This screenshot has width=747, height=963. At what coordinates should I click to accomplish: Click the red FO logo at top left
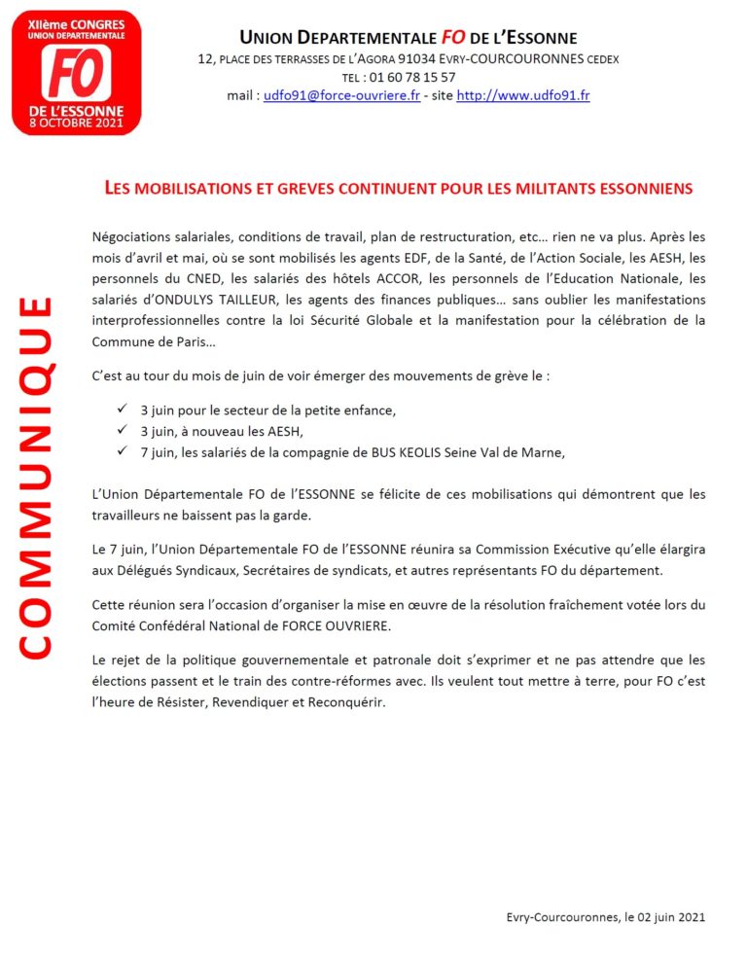pyautogui.click(x=76, y=72)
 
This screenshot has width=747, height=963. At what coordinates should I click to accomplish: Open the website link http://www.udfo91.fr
pyautogui.click(x=523, y=95)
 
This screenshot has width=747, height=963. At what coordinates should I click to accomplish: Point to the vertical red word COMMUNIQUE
pyautogui.click(x=36, y=477)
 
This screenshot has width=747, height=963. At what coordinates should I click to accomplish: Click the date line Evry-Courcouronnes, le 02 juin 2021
pyautogui.click(x=606, y=916)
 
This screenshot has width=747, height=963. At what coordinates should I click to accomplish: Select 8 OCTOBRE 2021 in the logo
pyautogui.click(x=76, y=124)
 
